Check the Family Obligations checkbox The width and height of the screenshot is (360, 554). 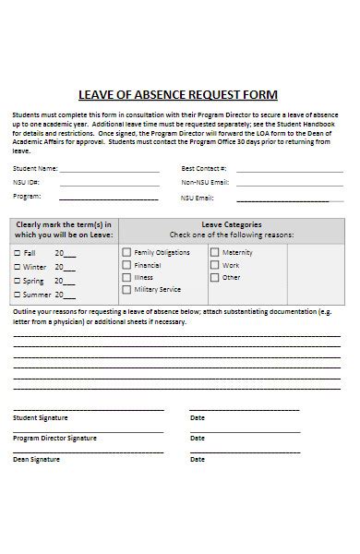point(127,252)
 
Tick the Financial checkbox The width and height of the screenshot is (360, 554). point(127,265)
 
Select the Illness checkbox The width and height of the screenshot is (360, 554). point(127,277)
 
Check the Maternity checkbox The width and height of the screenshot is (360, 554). point(215,252)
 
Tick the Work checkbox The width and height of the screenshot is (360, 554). point(215,265)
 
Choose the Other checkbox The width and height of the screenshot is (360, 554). point(215,277)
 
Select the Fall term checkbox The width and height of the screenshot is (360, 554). point(17,253)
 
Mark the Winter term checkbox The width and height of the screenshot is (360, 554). point(17,267)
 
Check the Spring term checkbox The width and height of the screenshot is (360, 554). point(17,281)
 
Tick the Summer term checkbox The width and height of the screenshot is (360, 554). point(17,295)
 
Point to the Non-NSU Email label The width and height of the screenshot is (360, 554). point(204,183)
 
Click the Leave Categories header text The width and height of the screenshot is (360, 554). point(231,224)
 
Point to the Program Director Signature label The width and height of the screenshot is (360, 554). point(54,438)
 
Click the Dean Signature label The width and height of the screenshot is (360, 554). point(36,459)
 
